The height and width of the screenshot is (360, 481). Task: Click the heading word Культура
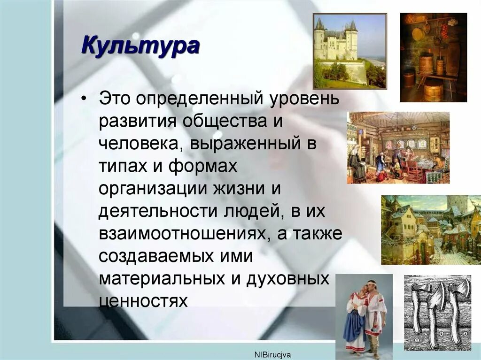point(140,47)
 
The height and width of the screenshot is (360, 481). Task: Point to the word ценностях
point(143,300)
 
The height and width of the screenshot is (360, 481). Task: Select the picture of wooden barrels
point(433,57)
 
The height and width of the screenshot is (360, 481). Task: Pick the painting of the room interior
point(398,147)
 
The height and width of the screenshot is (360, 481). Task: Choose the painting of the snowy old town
point(431,230)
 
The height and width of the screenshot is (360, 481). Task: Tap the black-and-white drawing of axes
point(437,313)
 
